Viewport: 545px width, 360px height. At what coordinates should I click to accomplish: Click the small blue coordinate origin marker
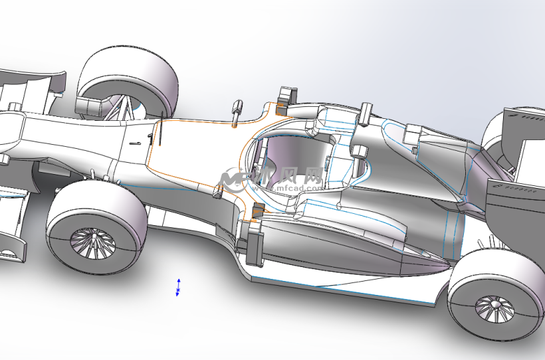point(177,288)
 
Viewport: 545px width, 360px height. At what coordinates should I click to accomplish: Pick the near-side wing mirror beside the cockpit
point(217,191)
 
